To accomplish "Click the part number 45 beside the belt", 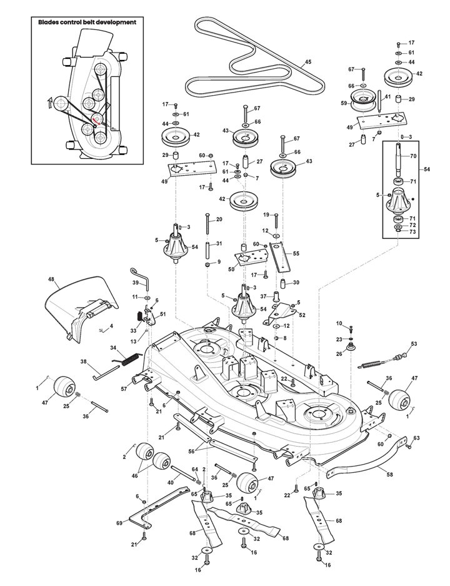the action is pos(307,62).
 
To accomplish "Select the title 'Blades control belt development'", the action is pos(87,22).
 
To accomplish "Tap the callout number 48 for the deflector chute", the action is pos(51,279).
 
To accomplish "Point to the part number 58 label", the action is pos(389,475).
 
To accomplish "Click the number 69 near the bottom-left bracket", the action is pos(119,523).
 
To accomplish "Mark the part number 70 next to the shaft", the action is pos(413,156).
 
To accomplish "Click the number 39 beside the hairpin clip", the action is pos(135,282).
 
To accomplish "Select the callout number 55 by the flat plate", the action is pos(296,253).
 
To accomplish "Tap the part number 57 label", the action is pos(124,389).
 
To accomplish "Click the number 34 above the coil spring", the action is pos(113,348).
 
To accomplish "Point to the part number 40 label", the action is pos(170,482).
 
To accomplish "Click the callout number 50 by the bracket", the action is pos(231,269).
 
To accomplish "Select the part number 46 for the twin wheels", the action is pos(134,476).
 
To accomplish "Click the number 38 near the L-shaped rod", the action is pos(84,361).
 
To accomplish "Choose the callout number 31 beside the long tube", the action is pos(219,244).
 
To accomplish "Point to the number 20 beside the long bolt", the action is pos(219,220).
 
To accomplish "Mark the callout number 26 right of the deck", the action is pos(339,353).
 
